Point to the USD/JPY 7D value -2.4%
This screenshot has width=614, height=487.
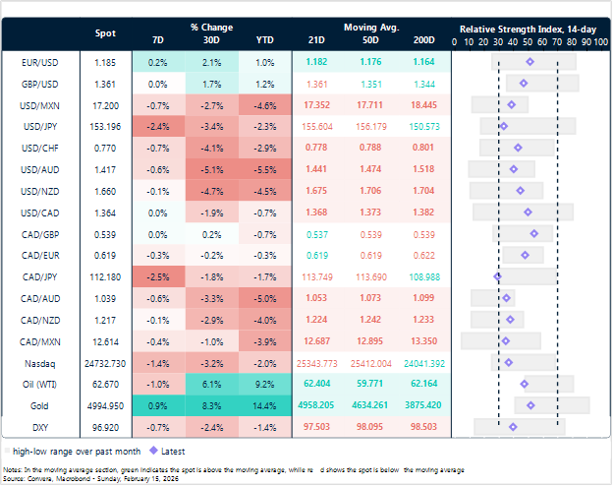(x=158, y=126)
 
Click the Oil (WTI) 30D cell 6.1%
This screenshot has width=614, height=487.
(x=210, y=384)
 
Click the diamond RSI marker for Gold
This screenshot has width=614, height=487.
(x=530, y=405)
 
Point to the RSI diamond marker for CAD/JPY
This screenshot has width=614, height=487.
(x=498, y=276)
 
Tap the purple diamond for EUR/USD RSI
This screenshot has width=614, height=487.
(x=530, y=62)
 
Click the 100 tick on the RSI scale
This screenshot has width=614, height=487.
(x=599, y=42)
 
